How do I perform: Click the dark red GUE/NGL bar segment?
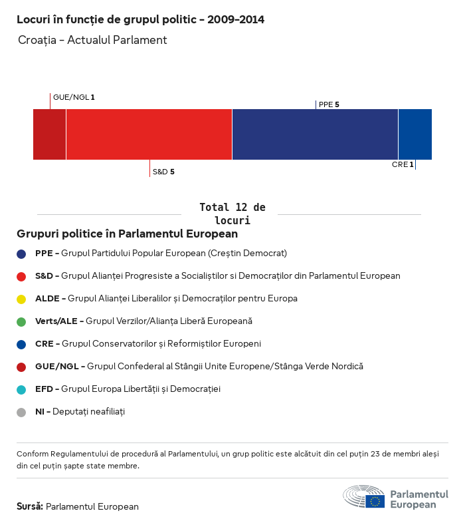coord(49,134)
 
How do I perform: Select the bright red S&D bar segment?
coord(149,134)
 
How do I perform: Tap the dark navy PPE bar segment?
coord(315,134)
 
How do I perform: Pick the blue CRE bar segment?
coord(415,134)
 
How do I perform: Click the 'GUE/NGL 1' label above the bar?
coord(74,97)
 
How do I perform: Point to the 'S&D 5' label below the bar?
coord(163,172)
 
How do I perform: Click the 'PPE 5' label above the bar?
coord(329,104)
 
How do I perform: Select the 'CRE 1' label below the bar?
coord(403,164)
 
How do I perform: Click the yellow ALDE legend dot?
coord(21,299)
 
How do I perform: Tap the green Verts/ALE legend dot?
coord(21,321)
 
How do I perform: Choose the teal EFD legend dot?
coord(21,389)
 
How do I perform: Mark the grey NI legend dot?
coord(21,412)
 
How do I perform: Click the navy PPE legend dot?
coord(21,254)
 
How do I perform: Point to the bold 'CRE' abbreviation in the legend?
coord(44,344)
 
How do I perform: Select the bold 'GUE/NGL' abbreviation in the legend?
coord(56,367)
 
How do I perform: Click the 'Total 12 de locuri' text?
coord(232,214)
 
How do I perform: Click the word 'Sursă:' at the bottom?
coord(30,506)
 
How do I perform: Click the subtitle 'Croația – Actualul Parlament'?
coord(92,41)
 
